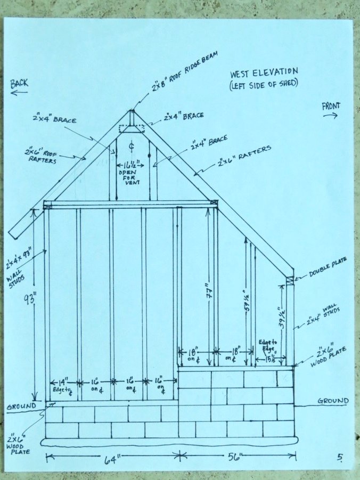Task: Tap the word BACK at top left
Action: [19, 83]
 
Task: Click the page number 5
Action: [340, 457]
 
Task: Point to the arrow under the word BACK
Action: [19, 93]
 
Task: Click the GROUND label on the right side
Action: [333, 401]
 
